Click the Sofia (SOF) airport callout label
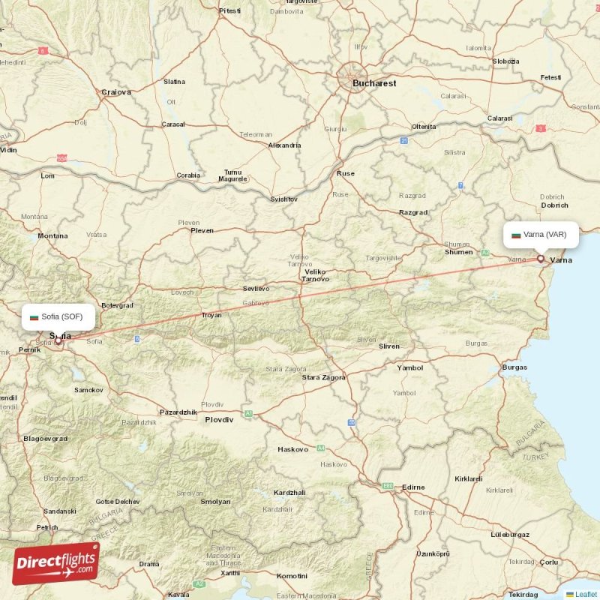[58, 316]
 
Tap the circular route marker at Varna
[540, 259]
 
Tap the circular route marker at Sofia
[58, 340]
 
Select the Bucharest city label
[374, 83]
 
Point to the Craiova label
[116, 92]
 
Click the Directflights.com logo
[55, 563]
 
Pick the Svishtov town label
[284, 199]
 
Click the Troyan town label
[211, 315]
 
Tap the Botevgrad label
[117, 305]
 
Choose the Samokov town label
[88, 390]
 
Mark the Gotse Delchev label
[118, 501]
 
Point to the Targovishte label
[382, 257]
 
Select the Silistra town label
[454, 152]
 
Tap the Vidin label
[8, 150]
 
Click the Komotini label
[292, 576]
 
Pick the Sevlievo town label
[256, 289]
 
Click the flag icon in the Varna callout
[516, 235]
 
